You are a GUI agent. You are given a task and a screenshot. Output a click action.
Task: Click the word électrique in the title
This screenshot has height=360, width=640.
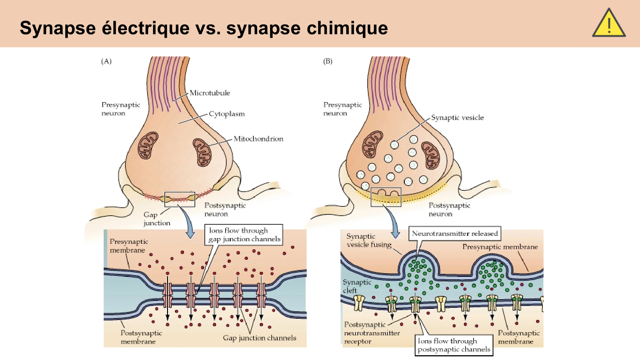click(146, 28)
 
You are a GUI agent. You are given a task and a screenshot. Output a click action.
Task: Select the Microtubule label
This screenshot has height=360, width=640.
click(210, 93)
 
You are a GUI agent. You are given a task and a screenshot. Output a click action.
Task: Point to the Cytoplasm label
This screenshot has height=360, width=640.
click(227, 114)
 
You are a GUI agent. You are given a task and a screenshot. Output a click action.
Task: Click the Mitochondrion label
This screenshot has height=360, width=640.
click(258, 139)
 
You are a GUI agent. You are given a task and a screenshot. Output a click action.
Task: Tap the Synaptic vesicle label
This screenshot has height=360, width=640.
click(457, 118)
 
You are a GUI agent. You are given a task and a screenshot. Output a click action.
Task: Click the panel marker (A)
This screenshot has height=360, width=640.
click(106, 61)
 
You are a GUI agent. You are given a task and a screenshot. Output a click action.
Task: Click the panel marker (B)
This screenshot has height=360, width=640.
click(328, 61)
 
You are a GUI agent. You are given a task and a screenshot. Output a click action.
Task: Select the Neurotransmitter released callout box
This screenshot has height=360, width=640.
click(455, 234)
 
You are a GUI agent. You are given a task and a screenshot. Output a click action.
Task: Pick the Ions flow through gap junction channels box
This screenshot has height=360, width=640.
click(244, 235)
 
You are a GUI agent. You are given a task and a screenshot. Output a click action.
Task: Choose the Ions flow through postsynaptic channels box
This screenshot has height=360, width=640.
click(454, 345)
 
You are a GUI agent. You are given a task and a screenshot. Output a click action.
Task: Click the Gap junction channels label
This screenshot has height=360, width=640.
click(260, 338)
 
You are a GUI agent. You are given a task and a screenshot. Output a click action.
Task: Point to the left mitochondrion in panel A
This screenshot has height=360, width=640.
click(148, 146)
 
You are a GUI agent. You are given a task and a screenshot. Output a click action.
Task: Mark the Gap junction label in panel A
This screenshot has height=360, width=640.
click(156, 219)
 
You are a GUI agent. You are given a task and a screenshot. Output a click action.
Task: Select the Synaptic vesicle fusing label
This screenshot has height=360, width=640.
click(369, 240)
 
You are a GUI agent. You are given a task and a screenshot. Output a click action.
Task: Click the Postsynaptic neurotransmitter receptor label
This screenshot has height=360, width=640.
click(371, 333)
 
